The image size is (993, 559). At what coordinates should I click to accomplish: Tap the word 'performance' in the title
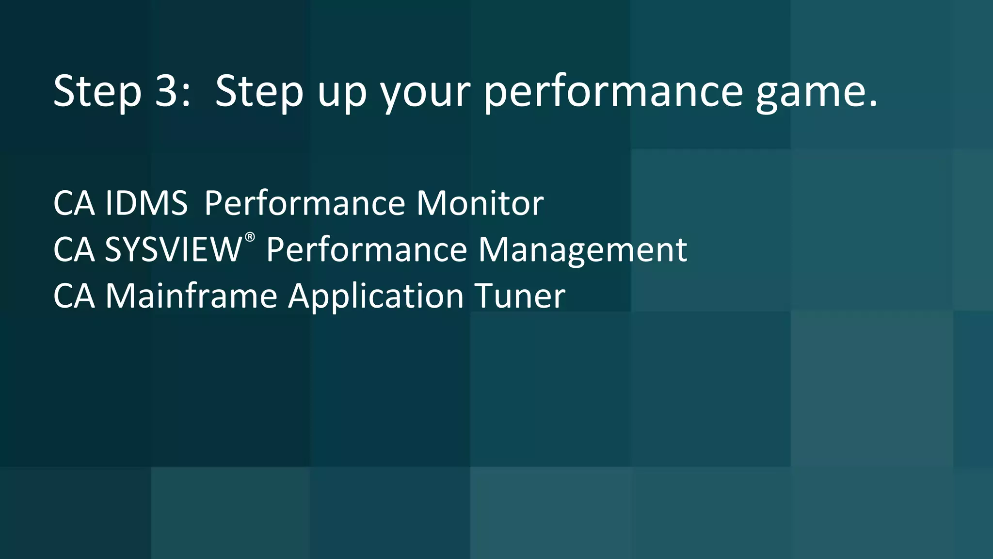(613, 92)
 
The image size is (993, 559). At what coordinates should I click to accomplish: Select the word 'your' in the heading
(425, 92)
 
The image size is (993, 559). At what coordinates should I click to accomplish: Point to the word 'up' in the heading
(342, 92)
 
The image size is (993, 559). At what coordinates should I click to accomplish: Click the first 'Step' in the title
(97, 91)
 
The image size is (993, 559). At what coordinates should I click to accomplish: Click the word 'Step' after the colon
(259, 91)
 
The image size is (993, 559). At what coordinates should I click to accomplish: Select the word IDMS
(146, 203)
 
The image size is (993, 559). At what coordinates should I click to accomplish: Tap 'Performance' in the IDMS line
(304, 203)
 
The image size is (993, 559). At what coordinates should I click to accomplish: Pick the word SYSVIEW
(173, 249)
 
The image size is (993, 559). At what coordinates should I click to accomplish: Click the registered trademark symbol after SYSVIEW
(250, 237)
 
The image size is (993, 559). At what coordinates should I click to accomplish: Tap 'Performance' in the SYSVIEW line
(367, 249)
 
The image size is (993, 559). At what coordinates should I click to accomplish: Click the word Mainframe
(191, 296)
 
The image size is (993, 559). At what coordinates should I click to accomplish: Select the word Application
(376, 296)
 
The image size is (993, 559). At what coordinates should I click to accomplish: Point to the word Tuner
(519, 296)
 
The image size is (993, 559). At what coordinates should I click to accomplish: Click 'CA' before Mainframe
(74, 296)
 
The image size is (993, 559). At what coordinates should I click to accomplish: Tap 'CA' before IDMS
(74, 203)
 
